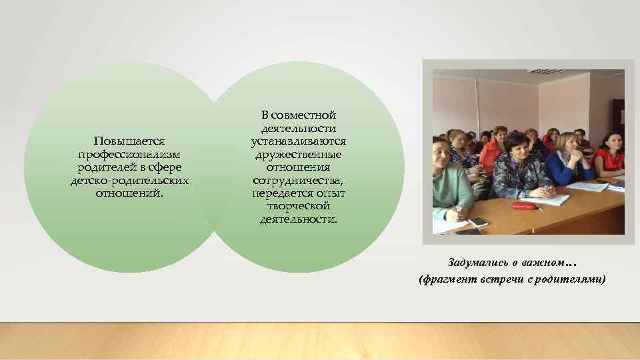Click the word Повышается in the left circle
click(x=129, y=141)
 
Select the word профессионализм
click(x=129, y=155)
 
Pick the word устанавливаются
click(x=298, y=142)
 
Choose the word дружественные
click(x=298, y=155)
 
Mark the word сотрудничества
click(x=298, y=181)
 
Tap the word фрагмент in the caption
click(x=448, y=279)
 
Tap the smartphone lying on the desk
click(x=478, y=221)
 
